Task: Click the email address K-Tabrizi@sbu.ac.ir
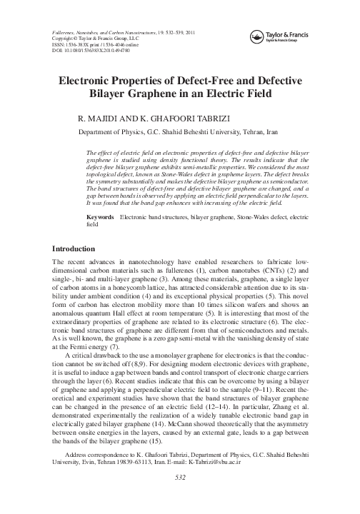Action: [284, 481]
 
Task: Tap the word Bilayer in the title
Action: [129, 95]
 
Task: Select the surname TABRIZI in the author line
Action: [209, 119]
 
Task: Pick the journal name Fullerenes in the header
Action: [66, 34]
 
